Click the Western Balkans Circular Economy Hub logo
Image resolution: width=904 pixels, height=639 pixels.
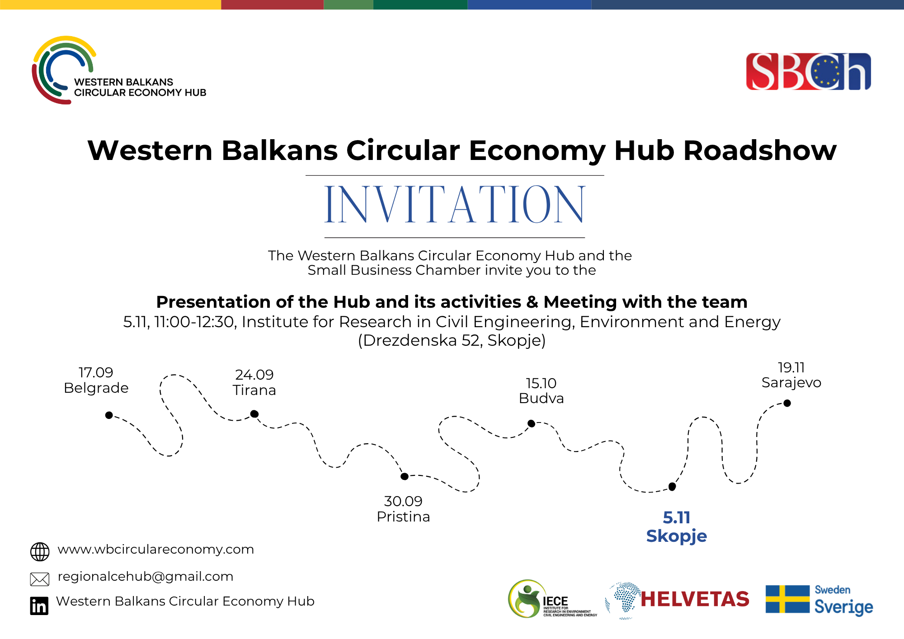tap(118, 70)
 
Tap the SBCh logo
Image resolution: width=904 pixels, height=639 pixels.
tap(808, 71)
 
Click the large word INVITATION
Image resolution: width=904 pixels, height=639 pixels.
tap(455, 205)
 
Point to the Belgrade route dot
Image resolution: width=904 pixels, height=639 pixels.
tap(109, 415)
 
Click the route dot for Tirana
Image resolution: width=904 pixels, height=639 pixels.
tap(254, 413)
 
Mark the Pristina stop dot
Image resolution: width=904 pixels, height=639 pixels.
tap(405, 476)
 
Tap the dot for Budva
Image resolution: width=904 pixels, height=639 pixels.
tap(532, 423)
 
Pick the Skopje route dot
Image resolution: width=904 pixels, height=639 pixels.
tap(672, 487)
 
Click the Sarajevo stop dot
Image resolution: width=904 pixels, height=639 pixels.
tap(787, 403)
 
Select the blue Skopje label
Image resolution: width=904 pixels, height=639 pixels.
tap(676, 536)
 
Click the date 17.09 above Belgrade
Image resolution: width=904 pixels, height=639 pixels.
tap(96, 372)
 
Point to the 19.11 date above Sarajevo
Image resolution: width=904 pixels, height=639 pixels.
tap(791, 367)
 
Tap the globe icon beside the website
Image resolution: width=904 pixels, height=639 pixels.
tap(40, 552)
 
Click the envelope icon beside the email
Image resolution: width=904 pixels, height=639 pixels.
tap(40, 579)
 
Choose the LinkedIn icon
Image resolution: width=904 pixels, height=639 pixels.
tap(39, 606)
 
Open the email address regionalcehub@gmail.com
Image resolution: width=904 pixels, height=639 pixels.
tap(146, 577)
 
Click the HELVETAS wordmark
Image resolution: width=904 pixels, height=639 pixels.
tap(695, 599)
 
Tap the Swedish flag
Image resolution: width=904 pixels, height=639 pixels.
tap(787, 599)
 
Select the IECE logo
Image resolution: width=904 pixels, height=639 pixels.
tap(552, 599)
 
